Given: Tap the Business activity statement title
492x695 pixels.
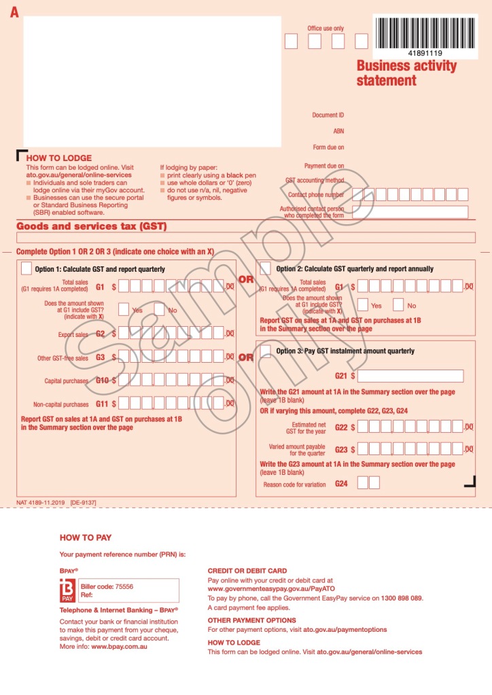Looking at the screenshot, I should point(406,73).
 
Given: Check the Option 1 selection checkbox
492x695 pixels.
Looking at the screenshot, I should point(26,268).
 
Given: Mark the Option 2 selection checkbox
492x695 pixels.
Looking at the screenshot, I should point(265,268).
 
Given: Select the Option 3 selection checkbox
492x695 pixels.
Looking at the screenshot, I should point(265,351).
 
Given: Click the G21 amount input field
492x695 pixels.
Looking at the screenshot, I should point(410,376).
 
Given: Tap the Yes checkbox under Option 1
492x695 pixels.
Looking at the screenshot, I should point(124,310).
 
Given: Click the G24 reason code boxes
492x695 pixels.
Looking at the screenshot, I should point(368,483).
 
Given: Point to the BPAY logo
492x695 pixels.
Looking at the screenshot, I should point(68,591).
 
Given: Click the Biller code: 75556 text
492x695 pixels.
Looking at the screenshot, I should point(107,586).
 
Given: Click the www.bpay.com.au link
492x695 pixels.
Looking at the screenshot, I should point(120,646).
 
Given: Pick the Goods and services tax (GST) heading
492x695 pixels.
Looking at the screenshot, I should point(91,226).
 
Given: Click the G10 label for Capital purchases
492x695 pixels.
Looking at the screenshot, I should point(102,380).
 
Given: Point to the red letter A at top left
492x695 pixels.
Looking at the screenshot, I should point(14,12).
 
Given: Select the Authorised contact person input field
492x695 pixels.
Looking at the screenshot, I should point(410,212).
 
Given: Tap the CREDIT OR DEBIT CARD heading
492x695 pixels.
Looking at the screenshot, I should point(247,571).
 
